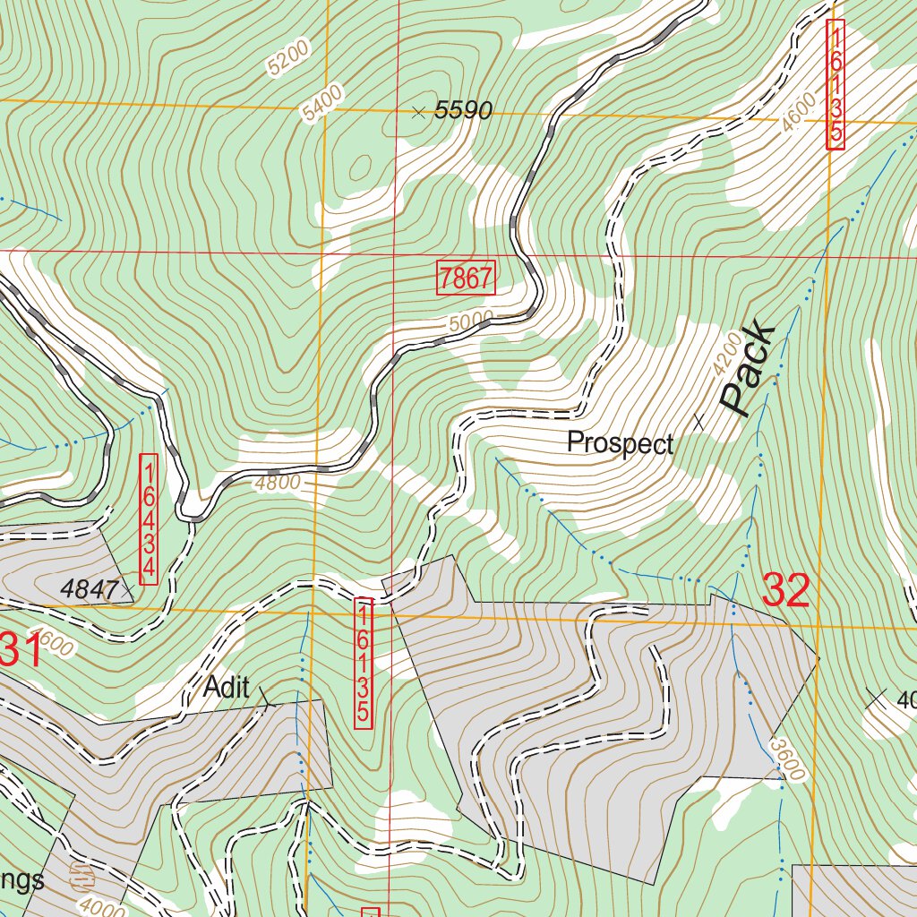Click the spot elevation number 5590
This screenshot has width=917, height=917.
click(463, 111)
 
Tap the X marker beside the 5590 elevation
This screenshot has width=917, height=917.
click(417, 111)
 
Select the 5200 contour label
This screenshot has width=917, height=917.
click(287, 56)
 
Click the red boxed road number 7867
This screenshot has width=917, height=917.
click(466, 278)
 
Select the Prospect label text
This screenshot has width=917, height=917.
click(621, 443)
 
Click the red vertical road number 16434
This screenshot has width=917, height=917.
click(150, 518)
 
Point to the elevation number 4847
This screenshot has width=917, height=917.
click(90, 589)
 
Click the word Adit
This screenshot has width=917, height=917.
click(227, 688)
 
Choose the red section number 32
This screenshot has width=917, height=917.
click(786, 591)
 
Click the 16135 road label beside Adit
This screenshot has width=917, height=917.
click(363, 663)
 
